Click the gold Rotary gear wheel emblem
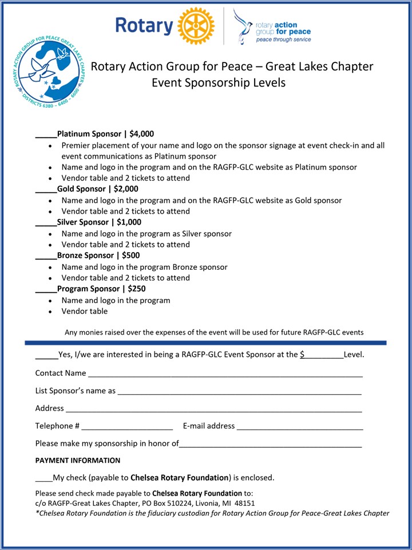pyautogui.click(x=196, y=26)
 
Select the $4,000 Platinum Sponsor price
pyautogui.click(x=142, y=134)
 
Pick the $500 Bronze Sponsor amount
pyautogui.click(x=130, y=256)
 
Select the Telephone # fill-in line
pyautogui.click(x=127, y=427)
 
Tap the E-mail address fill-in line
pyautogui.click(x=300, y=427)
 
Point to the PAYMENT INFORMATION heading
pyautogui.click(x=78, y=461)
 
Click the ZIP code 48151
pyautogui.click(x=244, y=503)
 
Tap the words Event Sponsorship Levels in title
pyautogui.click(x=218, y=82)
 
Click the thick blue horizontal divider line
pyautogui.click(x=206, y=343)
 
